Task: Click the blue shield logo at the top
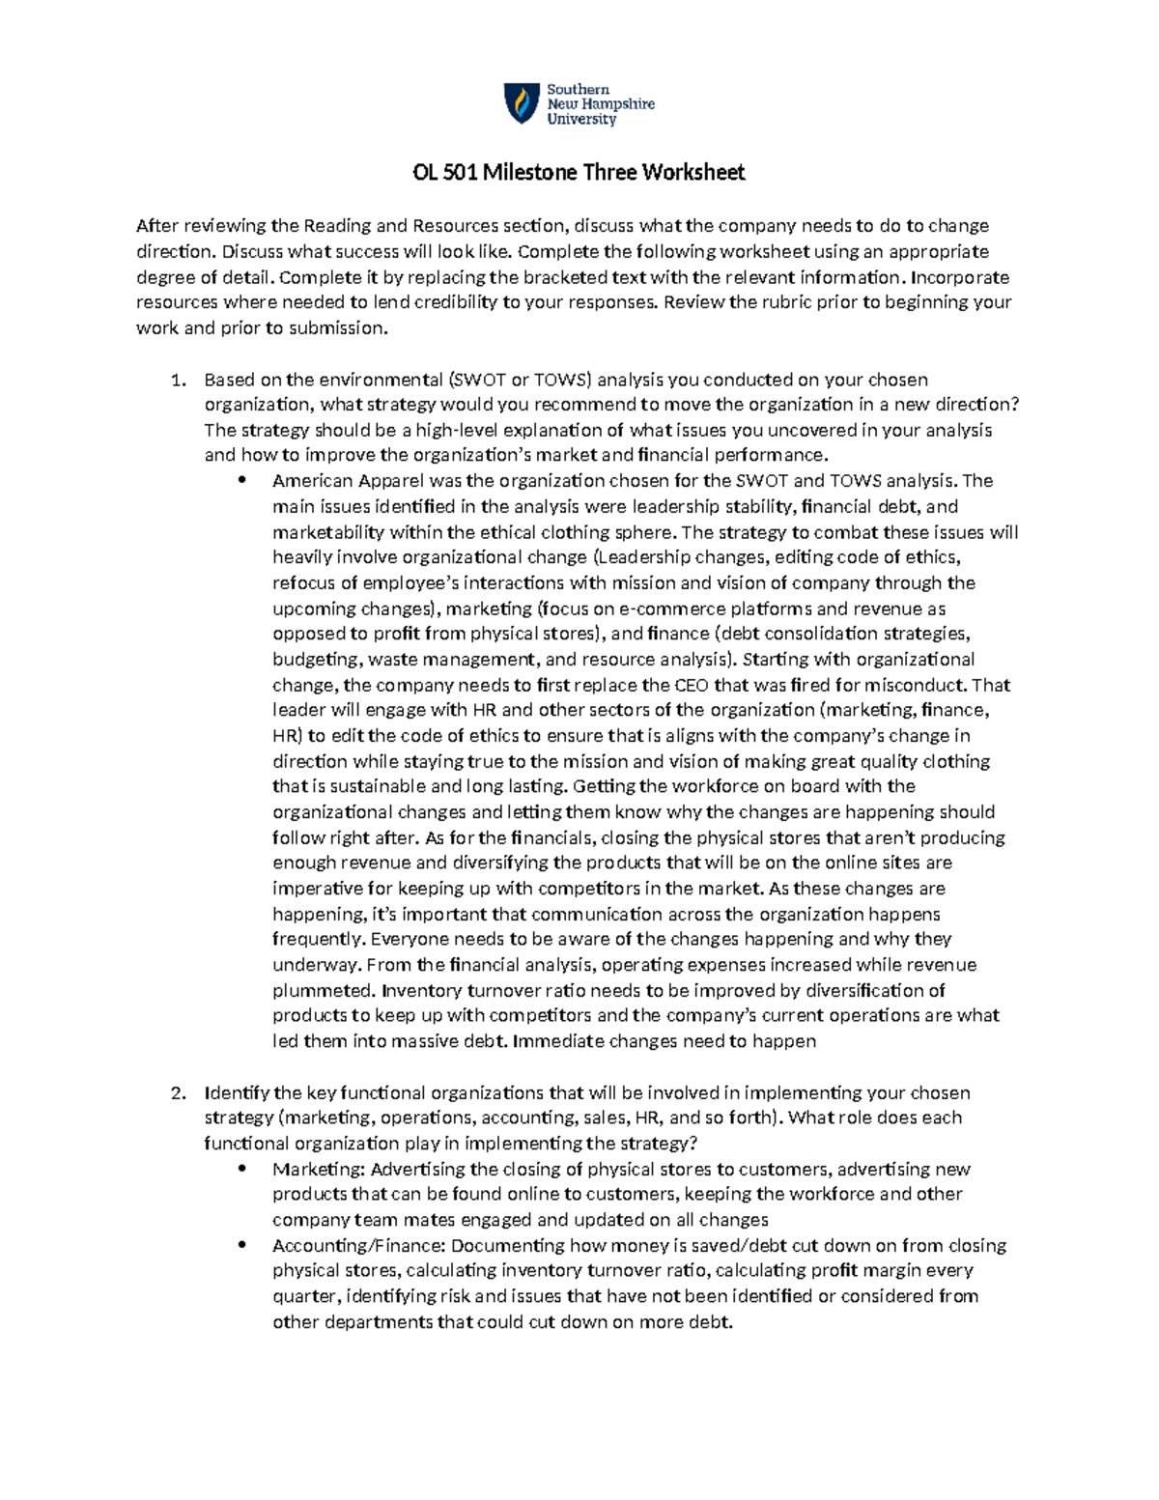pos(522,103)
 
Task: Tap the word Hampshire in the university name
pos(615,104)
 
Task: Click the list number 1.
pos(178,380)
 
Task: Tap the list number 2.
pos(178,1092)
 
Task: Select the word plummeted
pos(323,990)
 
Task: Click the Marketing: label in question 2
pos(318,1169)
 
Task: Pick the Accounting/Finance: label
pos(359,1245)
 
